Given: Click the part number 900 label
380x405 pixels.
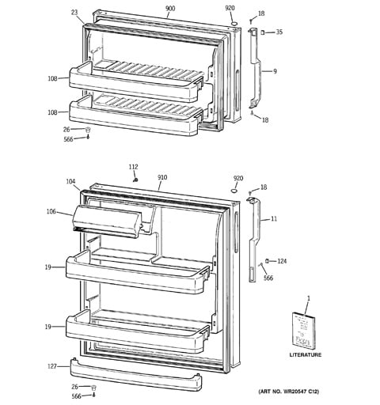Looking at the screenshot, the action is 170,9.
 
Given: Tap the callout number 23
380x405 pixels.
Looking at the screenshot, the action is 74,12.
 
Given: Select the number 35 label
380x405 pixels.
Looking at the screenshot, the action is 279,32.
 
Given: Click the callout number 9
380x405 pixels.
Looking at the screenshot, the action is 275,71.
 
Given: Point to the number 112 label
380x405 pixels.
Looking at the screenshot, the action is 133,167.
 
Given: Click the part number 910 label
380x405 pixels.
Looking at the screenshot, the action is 162,177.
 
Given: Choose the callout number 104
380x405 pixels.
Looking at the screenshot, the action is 70,181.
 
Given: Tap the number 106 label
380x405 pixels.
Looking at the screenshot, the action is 51,211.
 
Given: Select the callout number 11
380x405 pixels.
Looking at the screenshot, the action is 274,218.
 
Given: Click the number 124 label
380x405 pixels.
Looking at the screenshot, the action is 282,261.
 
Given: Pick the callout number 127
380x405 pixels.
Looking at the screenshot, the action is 52,366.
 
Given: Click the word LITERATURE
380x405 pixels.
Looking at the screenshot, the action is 306,354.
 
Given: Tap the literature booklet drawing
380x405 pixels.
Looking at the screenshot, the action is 303,331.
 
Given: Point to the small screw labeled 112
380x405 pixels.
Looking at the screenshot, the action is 135,180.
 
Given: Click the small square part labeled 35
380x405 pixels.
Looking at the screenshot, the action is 263,32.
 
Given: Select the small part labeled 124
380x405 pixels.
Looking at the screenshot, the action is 267,261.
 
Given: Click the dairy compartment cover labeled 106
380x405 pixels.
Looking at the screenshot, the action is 107,221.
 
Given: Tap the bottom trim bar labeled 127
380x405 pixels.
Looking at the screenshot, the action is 136,375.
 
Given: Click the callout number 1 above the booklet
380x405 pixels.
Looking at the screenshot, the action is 309,298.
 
